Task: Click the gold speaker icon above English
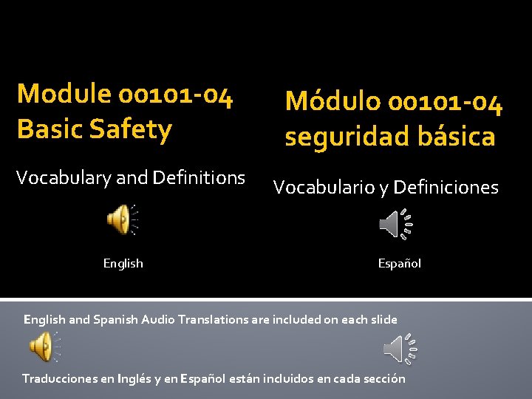tap(120, 219)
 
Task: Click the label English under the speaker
tap(123, 263)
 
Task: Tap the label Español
tap(399, 263)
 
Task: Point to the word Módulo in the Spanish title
tap(332, 102)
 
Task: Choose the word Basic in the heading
tap(47, 129)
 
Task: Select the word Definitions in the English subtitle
tap(199, 178)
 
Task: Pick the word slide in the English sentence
tap(383, 320)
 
